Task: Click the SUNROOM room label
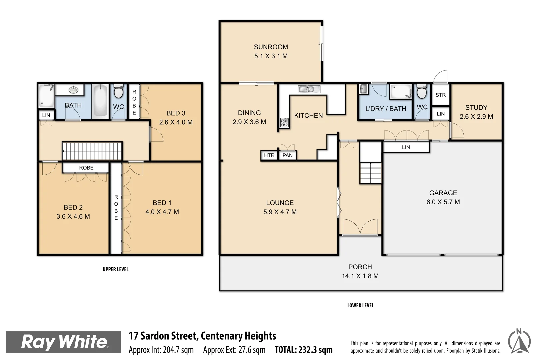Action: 271,47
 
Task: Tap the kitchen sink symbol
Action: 309,89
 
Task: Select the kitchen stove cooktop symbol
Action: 284,123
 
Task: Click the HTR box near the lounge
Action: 269,155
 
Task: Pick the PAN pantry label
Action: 287,155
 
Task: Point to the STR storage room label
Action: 440,95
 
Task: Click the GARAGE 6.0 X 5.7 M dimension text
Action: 443,202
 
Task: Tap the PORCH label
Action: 360,267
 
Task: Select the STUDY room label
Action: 476,108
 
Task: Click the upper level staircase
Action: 92,151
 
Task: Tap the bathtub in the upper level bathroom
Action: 100,101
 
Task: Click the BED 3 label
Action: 176,113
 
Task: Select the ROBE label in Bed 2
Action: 86,168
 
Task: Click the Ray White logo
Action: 63,342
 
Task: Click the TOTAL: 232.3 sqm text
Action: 303,350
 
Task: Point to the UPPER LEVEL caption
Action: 115,269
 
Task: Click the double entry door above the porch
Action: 360,227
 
